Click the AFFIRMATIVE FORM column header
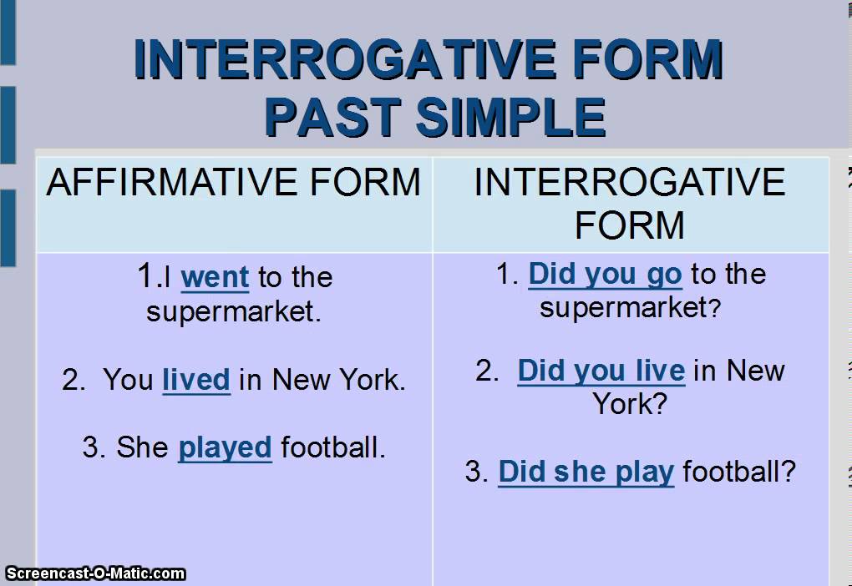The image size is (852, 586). [x=233, y=182]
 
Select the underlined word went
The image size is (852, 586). [x=215, y=277]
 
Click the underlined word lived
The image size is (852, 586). [x=196, y=380]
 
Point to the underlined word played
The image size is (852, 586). [x=225, y=447]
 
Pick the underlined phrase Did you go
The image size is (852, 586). [x=605, y=274]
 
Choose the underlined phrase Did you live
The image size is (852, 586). [x=601, y=371]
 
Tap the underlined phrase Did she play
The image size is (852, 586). [x=586, y=472]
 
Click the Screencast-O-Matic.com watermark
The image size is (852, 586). [x=94, y=573]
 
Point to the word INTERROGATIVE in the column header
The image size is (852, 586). [x=630, y=182]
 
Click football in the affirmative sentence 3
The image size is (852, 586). [x=333, y=447]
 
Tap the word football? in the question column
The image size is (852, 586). [x=739, y=472]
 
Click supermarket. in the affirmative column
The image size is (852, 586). [x=233, y=312]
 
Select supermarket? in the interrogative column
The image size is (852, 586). [x=630, y=308]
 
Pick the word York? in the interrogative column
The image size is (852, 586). [x=630, y=405]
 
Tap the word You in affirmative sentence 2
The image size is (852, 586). [x=129, y=380]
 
